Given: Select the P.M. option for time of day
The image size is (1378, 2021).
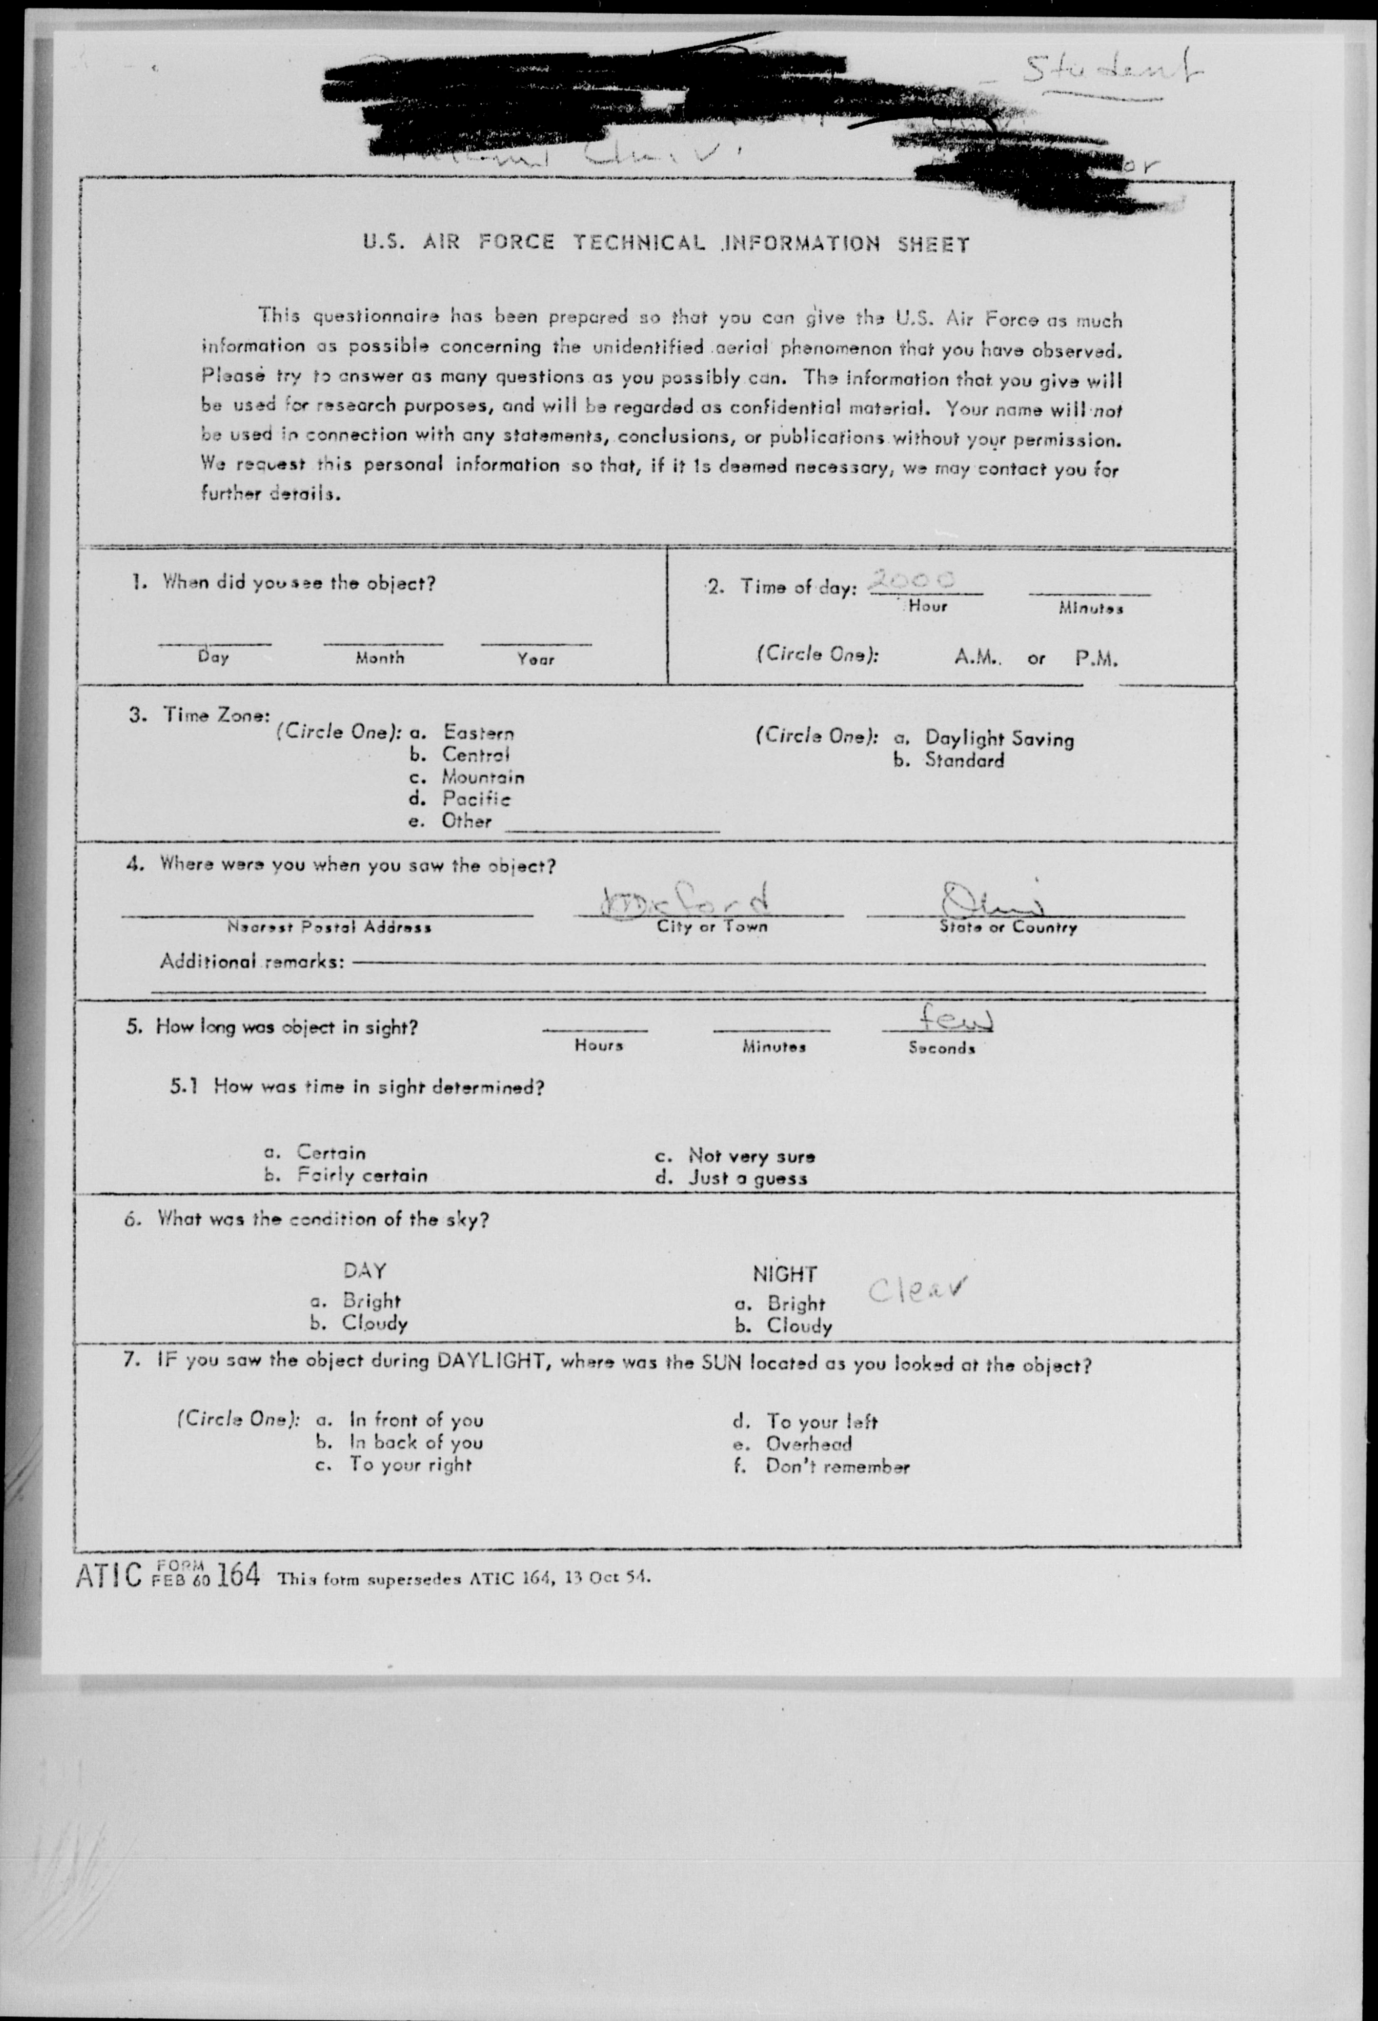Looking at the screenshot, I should click(1095, 658).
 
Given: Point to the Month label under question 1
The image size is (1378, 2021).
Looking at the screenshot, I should click(380, 658).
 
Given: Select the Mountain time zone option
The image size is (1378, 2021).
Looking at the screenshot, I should click(483, 777).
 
